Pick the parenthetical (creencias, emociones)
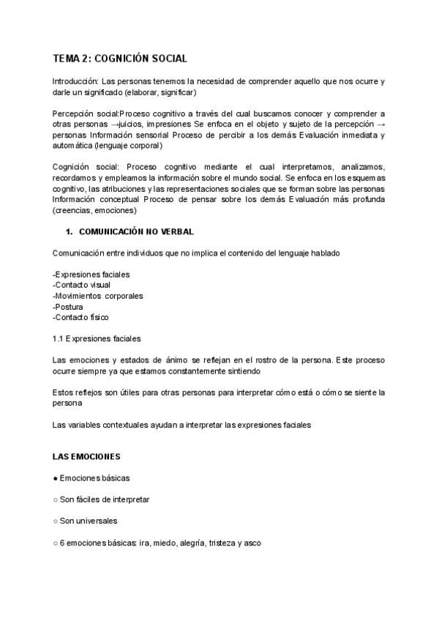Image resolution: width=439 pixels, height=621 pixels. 94,211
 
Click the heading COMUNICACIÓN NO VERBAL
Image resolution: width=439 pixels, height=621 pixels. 135,232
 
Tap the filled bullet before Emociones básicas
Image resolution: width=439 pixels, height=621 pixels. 56,478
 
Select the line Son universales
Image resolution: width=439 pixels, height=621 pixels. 89,521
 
